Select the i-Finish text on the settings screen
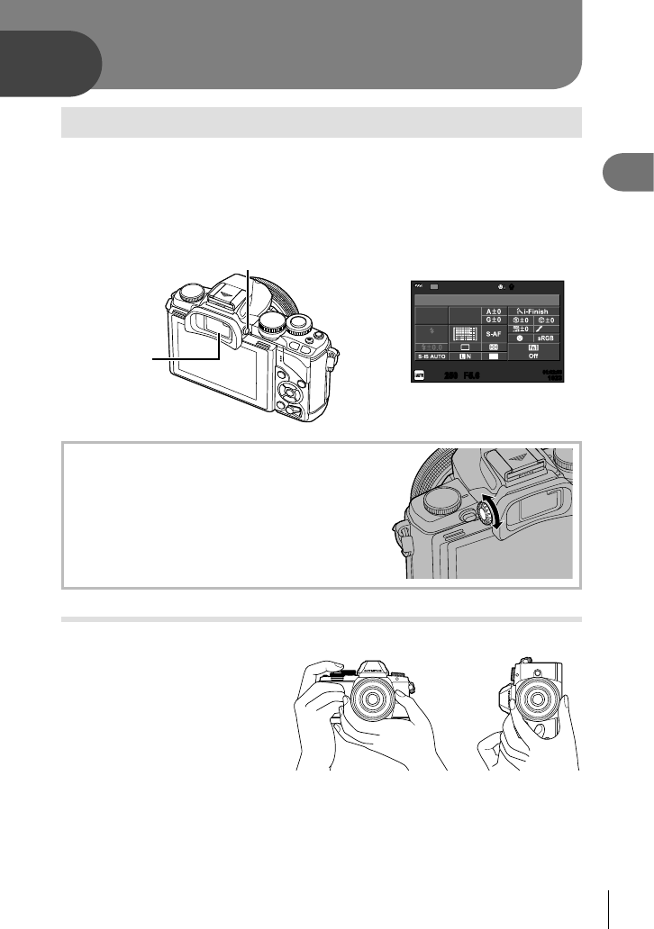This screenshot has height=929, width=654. point(543,311)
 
